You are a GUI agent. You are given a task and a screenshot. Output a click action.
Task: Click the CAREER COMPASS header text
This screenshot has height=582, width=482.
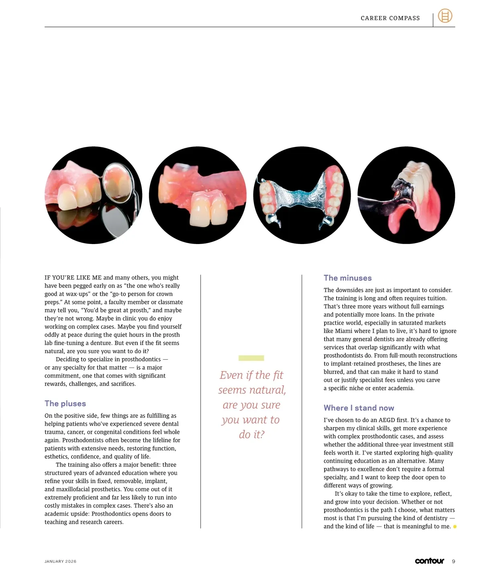(390, 18)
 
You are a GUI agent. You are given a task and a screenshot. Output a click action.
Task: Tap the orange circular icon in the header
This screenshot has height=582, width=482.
(445, 16)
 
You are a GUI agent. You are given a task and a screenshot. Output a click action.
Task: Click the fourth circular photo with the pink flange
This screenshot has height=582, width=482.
(406, 195)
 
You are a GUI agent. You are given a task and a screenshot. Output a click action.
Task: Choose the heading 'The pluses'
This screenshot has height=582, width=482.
(65, 403)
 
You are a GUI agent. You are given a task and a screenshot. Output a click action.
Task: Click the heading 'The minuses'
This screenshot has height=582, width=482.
(347, 278)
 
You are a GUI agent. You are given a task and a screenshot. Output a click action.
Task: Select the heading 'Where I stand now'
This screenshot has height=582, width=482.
(359, 408)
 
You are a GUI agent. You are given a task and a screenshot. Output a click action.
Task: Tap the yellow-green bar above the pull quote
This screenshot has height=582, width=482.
(251, 358)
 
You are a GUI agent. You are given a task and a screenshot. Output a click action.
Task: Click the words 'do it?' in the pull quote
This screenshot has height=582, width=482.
(251, 434)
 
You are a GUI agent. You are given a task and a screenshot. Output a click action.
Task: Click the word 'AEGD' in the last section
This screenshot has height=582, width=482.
(387, 420)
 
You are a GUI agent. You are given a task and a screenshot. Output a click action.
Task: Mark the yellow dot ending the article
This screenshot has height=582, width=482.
(455, 527)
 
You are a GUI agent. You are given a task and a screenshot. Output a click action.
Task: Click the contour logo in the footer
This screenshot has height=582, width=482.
(429, 561)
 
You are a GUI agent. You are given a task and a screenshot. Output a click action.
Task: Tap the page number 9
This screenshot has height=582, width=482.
(453, 561)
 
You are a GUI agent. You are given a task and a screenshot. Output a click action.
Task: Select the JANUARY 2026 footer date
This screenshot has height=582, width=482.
(60, 561)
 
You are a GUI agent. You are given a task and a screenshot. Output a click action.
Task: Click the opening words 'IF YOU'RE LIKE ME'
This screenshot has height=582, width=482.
(73, 277)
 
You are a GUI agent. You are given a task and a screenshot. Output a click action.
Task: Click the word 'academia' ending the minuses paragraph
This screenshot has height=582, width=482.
(400, 388)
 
